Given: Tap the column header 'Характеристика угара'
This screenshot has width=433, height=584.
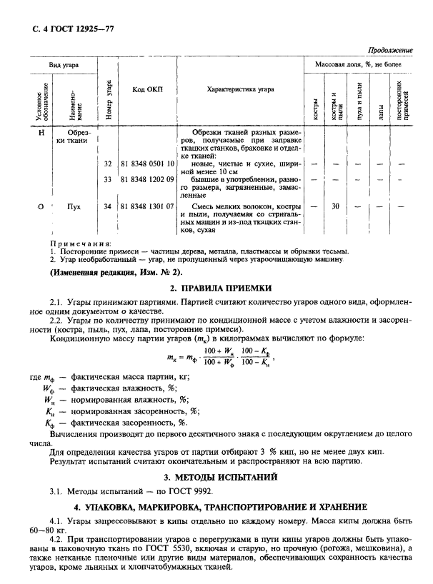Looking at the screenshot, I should click(x=240, y=90).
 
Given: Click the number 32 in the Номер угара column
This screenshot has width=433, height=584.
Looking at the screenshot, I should click(x=108, y=164).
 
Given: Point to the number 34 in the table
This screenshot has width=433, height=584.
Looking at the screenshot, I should click(x=108, y=206).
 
